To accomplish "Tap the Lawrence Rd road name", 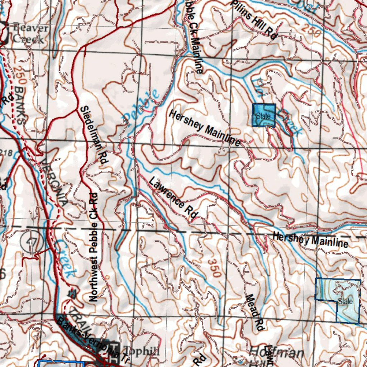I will coord(173,197).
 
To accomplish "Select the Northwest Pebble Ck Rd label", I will coord(94,247).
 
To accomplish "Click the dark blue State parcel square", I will coord(264,115).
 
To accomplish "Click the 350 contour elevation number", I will coord(214,267).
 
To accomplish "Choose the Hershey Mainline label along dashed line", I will coord(310,240).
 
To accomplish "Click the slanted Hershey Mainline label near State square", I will coord(205,128).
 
